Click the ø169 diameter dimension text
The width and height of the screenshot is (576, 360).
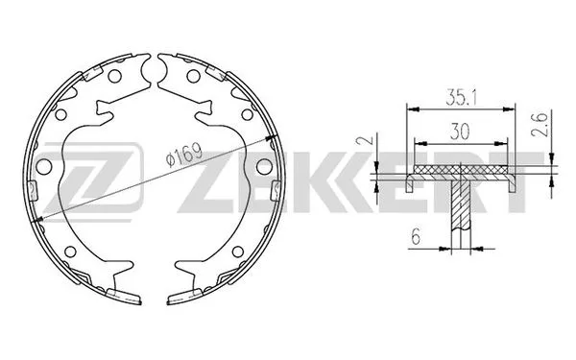(x=183, y=155)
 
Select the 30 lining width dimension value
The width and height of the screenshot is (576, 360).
(x=460, y=132)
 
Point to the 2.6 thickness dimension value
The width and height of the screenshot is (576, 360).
(x=540, y=125)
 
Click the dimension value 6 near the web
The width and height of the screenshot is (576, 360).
(x=416, y=236)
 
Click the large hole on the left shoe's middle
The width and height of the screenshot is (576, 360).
(x=44, y=167)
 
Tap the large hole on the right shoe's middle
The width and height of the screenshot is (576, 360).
(x=264, y=167)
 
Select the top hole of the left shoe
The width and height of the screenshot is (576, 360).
(x=114, y=76)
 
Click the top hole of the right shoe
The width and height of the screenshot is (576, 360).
(x=194, y=76)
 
